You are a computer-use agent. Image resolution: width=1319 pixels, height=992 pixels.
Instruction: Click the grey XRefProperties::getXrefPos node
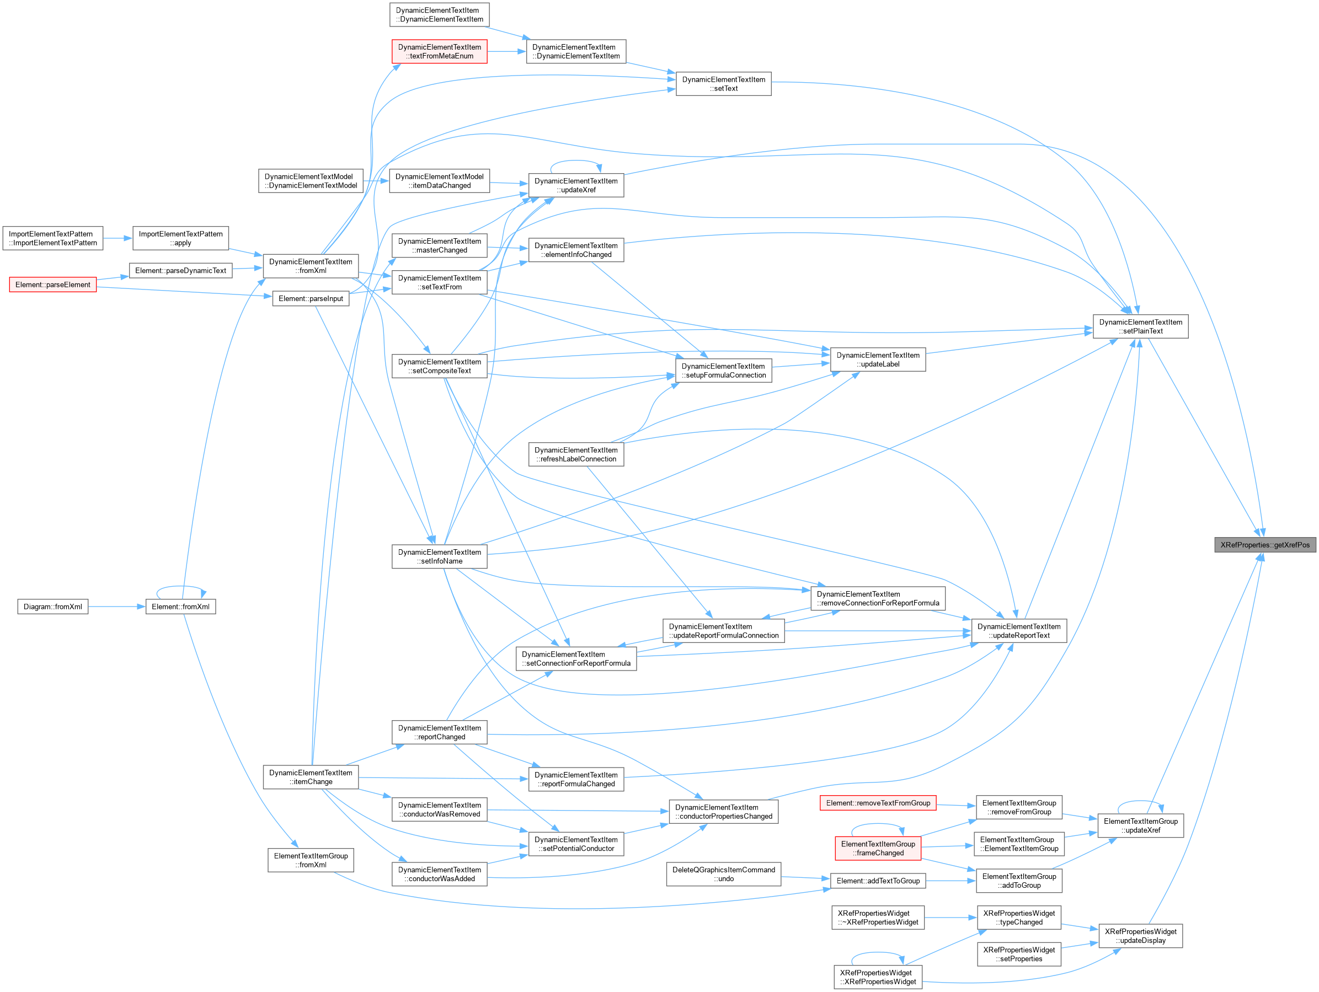click(x=1265, y=544)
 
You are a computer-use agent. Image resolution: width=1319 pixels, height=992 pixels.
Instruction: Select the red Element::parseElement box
click(x=52, y=285)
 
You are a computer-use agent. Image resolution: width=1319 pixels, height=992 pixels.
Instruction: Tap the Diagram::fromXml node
click(x=52, y=607)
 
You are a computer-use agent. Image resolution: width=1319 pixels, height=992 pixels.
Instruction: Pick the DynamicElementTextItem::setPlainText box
click(x=1140, y=326)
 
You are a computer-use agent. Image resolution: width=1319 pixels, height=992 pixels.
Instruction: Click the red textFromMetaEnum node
click(x=440, y=51)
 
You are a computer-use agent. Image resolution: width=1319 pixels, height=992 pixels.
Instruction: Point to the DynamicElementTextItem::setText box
click(x=723, y=83)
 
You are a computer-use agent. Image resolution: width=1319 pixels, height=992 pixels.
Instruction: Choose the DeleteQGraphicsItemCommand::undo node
click(x=723, y=874)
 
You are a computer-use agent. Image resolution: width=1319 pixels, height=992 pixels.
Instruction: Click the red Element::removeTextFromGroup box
click(x=878, y=803)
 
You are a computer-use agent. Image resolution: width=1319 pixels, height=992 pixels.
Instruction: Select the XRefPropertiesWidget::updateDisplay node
click(x=1140, y=936)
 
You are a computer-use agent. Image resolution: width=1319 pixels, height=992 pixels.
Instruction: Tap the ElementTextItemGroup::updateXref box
click(x=1140, y=825)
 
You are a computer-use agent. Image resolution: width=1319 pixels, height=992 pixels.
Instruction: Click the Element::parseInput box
click(x=311, y=298)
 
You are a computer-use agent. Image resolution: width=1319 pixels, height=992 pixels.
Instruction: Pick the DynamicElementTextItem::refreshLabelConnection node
click(x=576, y=454)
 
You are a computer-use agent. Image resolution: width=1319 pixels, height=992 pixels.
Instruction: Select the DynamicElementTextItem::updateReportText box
click(x=1019, y=631)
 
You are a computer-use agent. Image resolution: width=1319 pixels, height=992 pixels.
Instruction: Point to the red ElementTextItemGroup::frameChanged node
click(x=878, y=848)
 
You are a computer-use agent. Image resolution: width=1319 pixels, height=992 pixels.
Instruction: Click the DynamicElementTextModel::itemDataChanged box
click(x=440, y=181)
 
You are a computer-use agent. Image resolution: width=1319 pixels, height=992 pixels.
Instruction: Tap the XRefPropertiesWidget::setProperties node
click(x=1019, y=954)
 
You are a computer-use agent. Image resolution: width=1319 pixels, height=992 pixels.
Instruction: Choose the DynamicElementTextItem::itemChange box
click(x=311, y=777)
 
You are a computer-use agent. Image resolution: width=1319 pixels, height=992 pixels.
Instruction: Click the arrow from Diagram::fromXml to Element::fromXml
click(x=117, y=607)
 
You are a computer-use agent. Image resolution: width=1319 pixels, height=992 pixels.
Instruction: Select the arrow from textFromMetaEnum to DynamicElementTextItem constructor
click(x=507, y=51)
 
